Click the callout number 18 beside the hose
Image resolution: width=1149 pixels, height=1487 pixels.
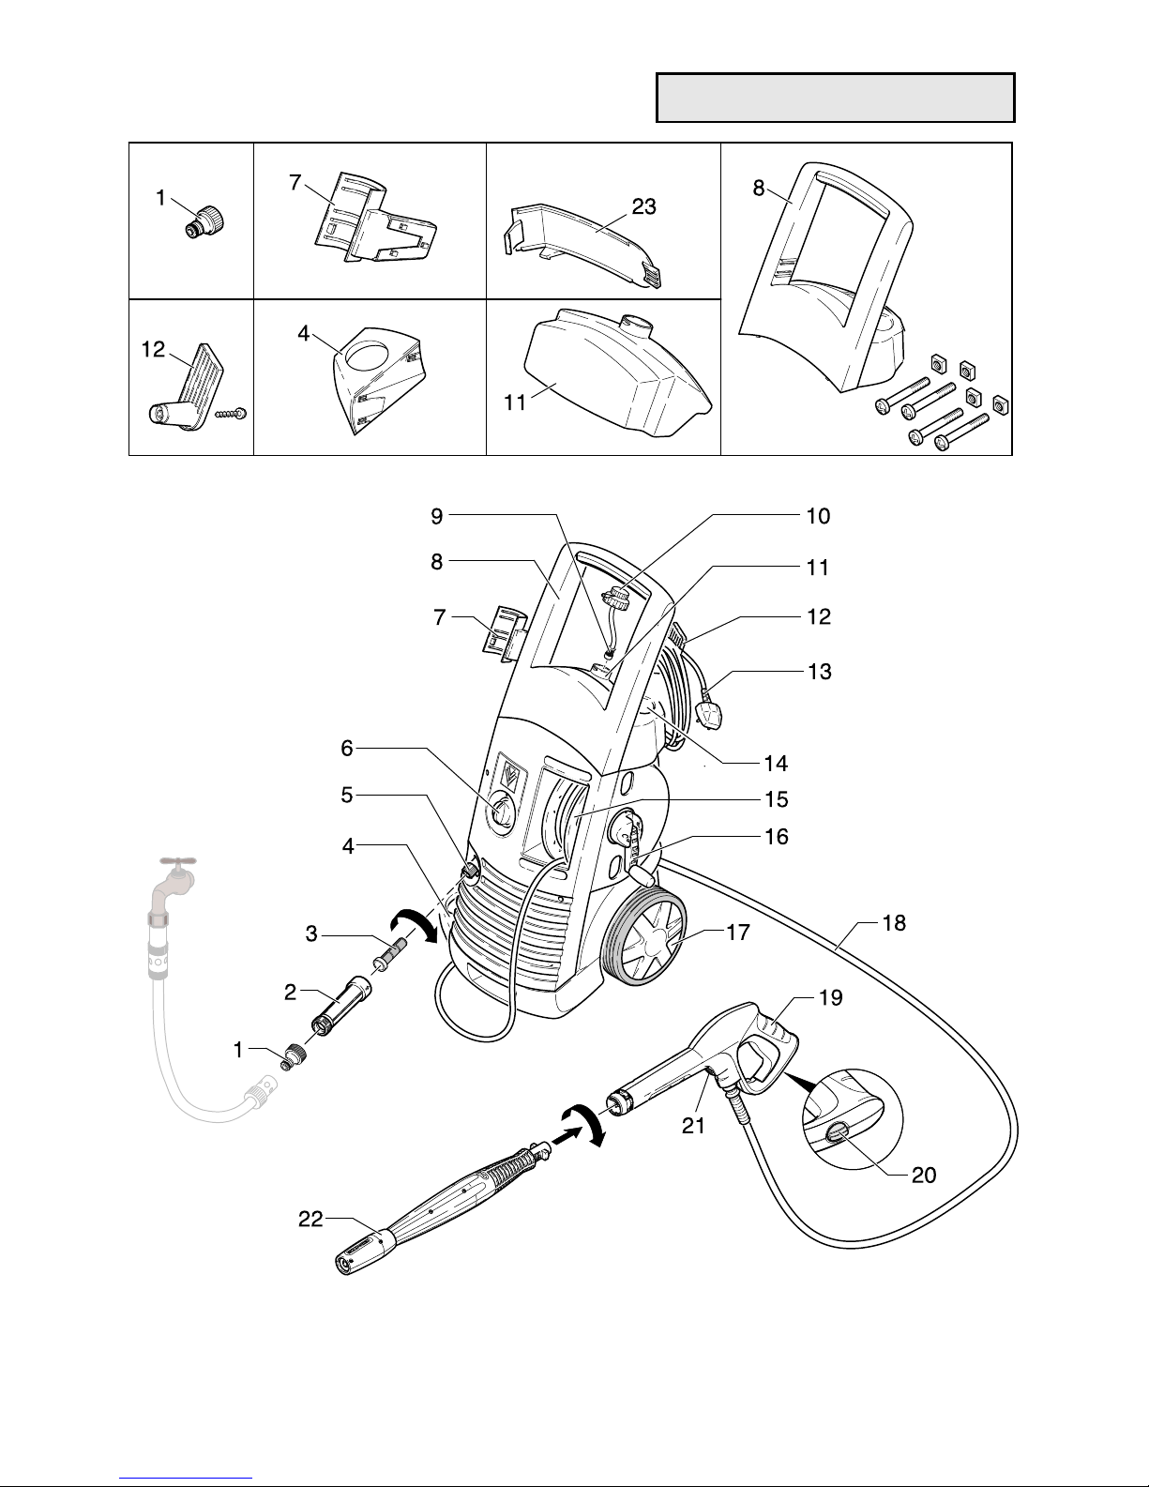(x=894, y=923)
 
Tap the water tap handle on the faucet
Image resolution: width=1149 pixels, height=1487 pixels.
(x=177, y=861)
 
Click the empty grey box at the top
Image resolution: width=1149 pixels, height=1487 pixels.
(x=835, y=98)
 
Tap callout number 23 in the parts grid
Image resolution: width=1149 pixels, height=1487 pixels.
(x=643, y=206)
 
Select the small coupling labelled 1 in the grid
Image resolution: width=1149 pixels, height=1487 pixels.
(x=205, y=221)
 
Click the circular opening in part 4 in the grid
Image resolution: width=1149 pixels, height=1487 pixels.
(x=367, y=355)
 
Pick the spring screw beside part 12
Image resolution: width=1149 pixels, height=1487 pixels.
(x=231, y=414)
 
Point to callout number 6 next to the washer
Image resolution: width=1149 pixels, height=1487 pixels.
(x=347, y=748)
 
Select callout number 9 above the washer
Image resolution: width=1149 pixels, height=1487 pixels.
(x=436, y=516)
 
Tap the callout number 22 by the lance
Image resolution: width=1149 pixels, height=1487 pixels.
(x=310, y=1219)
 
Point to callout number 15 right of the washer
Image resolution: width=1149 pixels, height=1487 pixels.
(x=777, y=799)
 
